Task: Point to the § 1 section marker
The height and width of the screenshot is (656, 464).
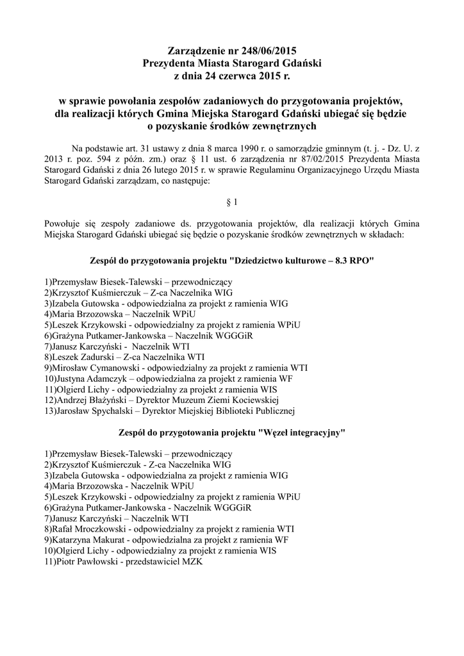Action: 232,202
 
